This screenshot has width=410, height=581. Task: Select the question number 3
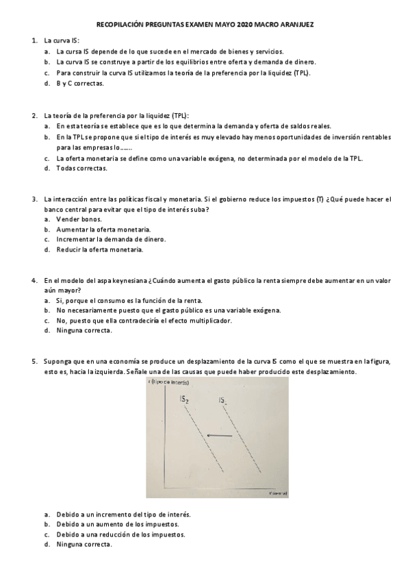tap(34, 199)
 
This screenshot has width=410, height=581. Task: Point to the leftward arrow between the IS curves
tap(220, 435)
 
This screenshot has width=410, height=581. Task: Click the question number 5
tap(34, 361)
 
